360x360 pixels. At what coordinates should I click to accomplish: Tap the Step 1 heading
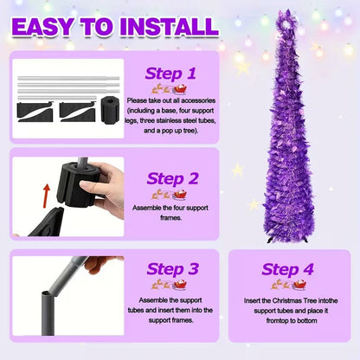172,74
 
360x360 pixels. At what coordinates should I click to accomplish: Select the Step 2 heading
172,178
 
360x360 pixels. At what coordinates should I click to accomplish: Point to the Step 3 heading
172,270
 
